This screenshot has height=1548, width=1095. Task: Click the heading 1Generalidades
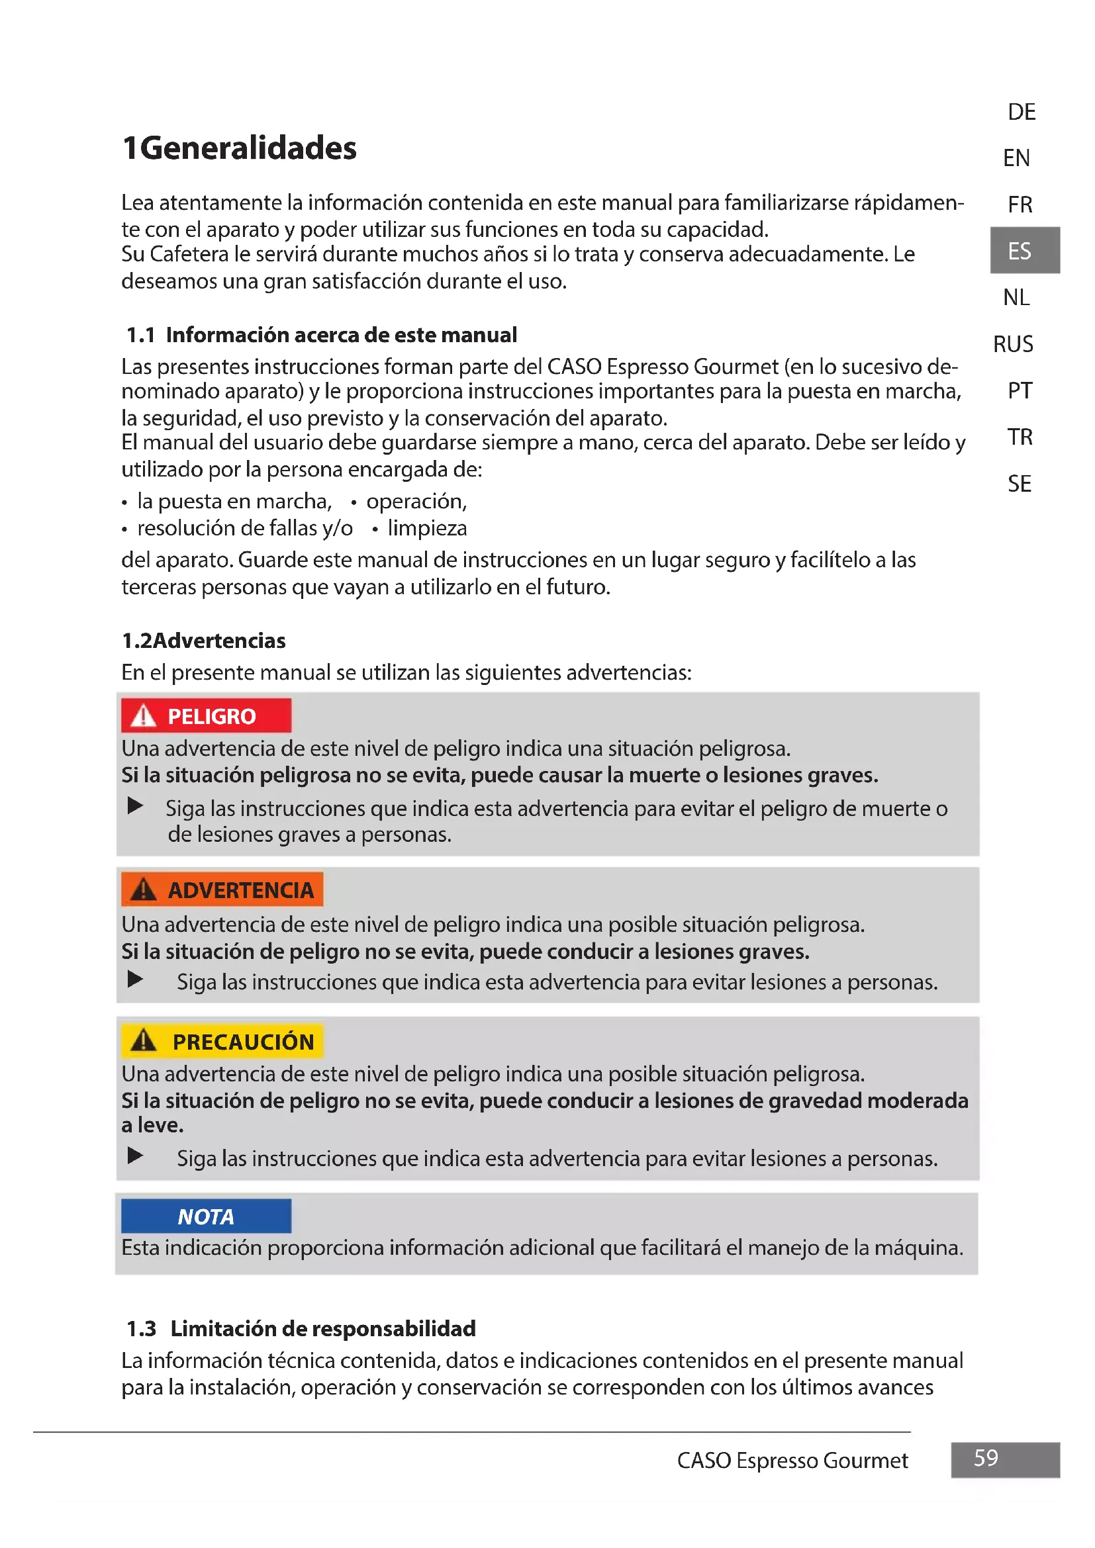[x=240, y=148]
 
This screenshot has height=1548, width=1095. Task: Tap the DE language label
[x=1021, y=112]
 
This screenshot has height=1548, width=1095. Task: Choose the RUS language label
[x=1012, y=345]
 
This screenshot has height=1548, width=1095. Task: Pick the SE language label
[x=1019, y=483]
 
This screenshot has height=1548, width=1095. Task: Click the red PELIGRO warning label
[x=207, y=716]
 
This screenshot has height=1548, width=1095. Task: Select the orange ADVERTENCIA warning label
[x=222, y=890]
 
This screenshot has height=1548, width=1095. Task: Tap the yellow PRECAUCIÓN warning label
[x=222, y=1042]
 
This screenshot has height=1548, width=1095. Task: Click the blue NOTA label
[x=207, y=1216]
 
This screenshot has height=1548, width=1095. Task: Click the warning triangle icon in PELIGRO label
[x=144, y=715]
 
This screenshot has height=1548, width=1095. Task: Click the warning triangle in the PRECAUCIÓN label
[x=144, y=1041]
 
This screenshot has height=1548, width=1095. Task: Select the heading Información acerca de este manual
[x=341, y=335]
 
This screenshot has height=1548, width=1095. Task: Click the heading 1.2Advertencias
[x=204, y=641]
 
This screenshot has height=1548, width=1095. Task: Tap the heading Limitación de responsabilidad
[x=323, y=1328]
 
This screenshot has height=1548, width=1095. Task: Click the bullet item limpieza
[x=427, y=528]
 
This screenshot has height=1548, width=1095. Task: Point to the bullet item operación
[x=416, y=501]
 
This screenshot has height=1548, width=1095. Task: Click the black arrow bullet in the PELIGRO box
[x=136, y=805]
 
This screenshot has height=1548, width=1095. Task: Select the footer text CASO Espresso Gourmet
[x=792, y=1461]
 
